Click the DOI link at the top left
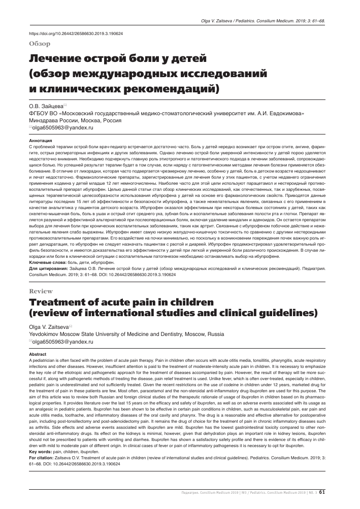coord(77,32)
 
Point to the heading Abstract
coord(39,354)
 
